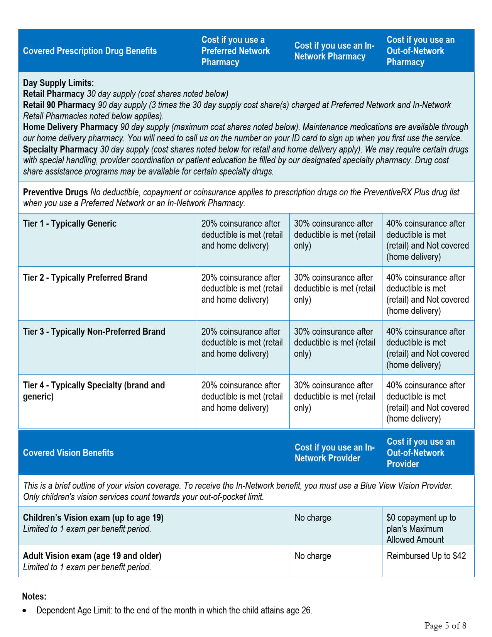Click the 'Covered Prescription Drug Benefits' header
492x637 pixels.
pyautogui.click(x=90, y=51)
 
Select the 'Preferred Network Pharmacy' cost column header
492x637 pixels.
pyautogui.click(x=235, y=51)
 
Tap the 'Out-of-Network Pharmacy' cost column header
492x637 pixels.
pyautogui.click(x=421, y=51)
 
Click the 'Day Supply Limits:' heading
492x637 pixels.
pyautogui.click(x=58, y=83)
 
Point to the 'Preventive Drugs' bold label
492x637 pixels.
pyautogui.click(x=55, y=192)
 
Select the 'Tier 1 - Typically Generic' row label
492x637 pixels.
pyautogui.click(x=69, y=224)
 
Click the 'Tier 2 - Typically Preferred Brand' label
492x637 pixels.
pyautogui.click(x=85, y=278)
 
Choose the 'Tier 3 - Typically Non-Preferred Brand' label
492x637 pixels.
pyautogui.click(x=94, y=332)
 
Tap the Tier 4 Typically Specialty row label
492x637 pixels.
pyautogui.click(x=94, y=391)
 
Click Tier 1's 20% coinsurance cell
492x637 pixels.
pyautogui.click(x=242, y=234)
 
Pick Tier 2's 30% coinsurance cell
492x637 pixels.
pyautogui.click(x=335, y=288)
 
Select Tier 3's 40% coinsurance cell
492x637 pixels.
pyautogui.click(x=427, y=348)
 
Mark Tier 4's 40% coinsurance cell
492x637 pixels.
pyautogui.click(x=427, y=402)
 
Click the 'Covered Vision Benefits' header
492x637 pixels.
pyautogui.click(x=68, y=453)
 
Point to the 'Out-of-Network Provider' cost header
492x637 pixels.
pyautogui.click(x=421, y=453)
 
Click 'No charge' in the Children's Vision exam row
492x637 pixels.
pyautogui.click(x=313, y=518)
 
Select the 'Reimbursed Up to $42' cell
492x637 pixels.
pyautogui.click(x=426, y=556)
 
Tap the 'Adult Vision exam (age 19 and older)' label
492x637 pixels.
pyautogui.click(x=92, y=556)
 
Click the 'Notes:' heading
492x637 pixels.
pyautogui.click(x=34, y=596)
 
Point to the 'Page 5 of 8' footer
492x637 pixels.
pyautogui.click(x=445, y=625)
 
